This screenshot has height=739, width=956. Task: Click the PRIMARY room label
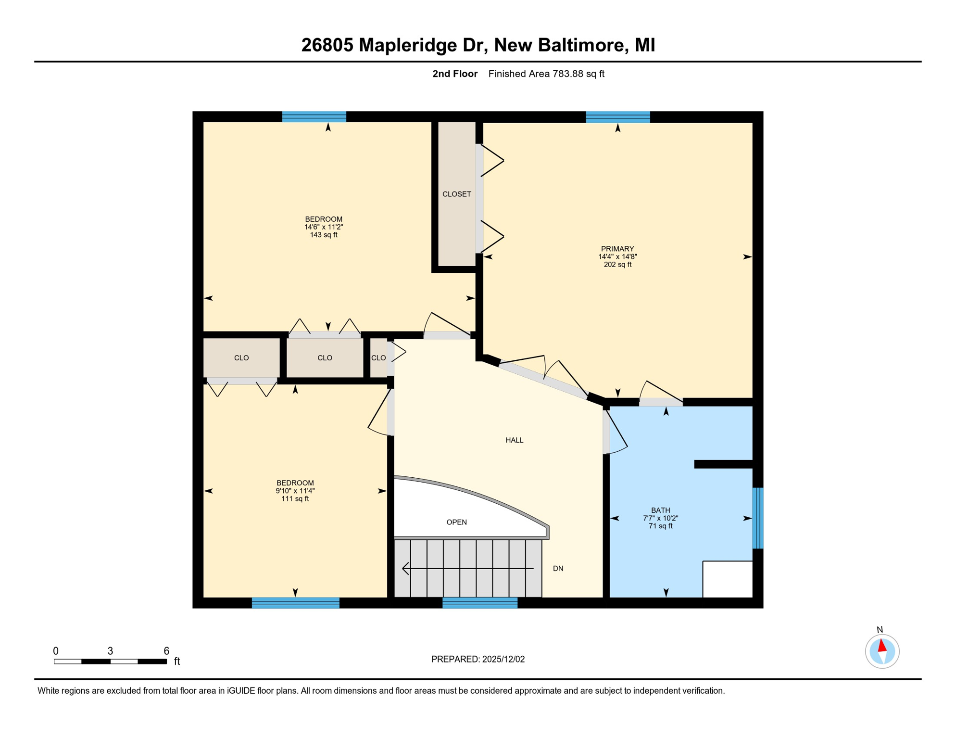[x=617, y=249]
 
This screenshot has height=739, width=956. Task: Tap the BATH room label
[x=660, y=510]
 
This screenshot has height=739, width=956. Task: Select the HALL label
[x=514, y=440]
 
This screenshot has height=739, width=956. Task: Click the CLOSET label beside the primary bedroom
[x=456, y=194]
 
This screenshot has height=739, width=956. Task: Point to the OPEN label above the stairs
[x=456, y=522]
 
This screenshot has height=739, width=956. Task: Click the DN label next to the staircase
[x=558, y=568]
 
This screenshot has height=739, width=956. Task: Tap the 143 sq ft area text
[x=324, y=235]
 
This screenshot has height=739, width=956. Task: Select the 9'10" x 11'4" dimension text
[x=295, y=491]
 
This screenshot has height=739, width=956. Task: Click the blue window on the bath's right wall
[x=757, y=518]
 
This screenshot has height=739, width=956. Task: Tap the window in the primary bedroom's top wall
[x=617, y=117]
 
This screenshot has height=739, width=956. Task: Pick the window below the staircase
[x=479, y=603]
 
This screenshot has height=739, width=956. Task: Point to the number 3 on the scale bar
[x=110, y=651]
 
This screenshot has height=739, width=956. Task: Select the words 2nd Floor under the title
[x=454, y=74]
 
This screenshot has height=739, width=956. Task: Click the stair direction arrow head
[x=405, y=568]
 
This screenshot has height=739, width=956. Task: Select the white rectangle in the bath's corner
[x=727, y=579]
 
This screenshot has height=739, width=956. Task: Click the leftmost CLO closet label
[x=241, y=357]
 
